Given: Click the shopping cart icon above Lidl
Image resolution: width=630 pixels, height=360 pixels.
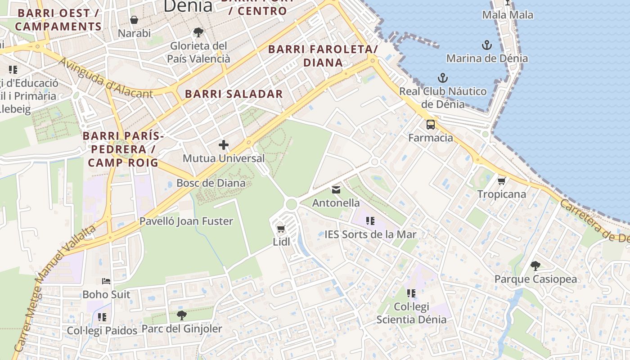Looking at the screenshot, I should (281, 229).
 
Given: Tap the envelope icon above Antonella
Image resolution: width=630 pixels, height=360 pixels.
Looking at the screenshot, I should (336, 189).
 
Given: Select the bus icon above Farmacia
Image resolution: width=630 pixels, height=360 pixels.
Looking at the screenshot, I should (431, 125).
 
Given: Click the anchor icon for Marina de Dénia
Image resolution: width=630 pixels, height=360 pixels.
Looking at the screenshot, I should (487, 45).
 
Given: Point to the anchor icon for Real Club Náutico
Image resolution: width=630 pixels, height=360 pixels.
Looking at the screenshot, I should (443, 78).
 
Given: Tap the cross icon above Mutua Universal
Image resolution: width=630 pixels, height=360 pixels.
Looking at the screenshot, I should (224, 145).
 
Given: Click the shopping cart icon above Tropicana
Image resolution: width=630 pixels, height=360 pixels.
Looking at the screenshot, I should (502, 181).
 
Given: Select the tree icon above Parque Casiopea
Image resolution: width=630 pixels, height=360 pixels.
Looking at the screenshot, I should (535, 266).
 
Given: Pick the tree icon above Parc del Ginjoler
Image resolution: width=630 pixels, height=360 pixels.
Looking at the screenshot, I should (181, 315).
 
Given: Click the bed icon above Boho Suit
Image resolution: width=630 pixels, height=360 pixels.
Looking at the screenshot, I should (106, 281).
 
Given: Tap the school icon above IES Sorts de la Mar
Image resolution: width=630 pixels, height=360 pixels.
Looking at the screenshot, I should (370, 221).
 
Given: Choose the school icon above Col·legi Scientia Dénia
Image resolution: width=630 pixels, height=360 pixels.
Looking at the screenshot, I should (411, 293).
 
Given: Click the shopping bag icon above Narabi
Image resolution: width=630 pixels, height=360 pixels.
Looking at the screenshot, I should (134, 20).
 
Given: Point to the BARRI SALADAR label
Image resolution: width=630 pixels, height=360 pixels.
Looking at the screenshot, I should (234, 94).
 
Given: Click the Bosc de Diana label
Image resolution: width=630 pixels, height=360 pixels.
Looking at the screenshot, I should (211, 183).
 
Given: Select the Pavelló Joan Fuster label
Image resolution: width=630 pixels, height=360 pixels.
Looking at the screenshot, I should (186, 221).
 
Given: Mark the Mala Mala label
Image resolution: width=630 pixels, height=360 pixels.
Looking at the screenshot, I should (508, 15).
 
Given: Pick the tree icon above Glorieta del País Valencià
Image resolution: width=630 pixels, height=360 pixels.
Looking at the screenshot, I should (198, 32).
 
